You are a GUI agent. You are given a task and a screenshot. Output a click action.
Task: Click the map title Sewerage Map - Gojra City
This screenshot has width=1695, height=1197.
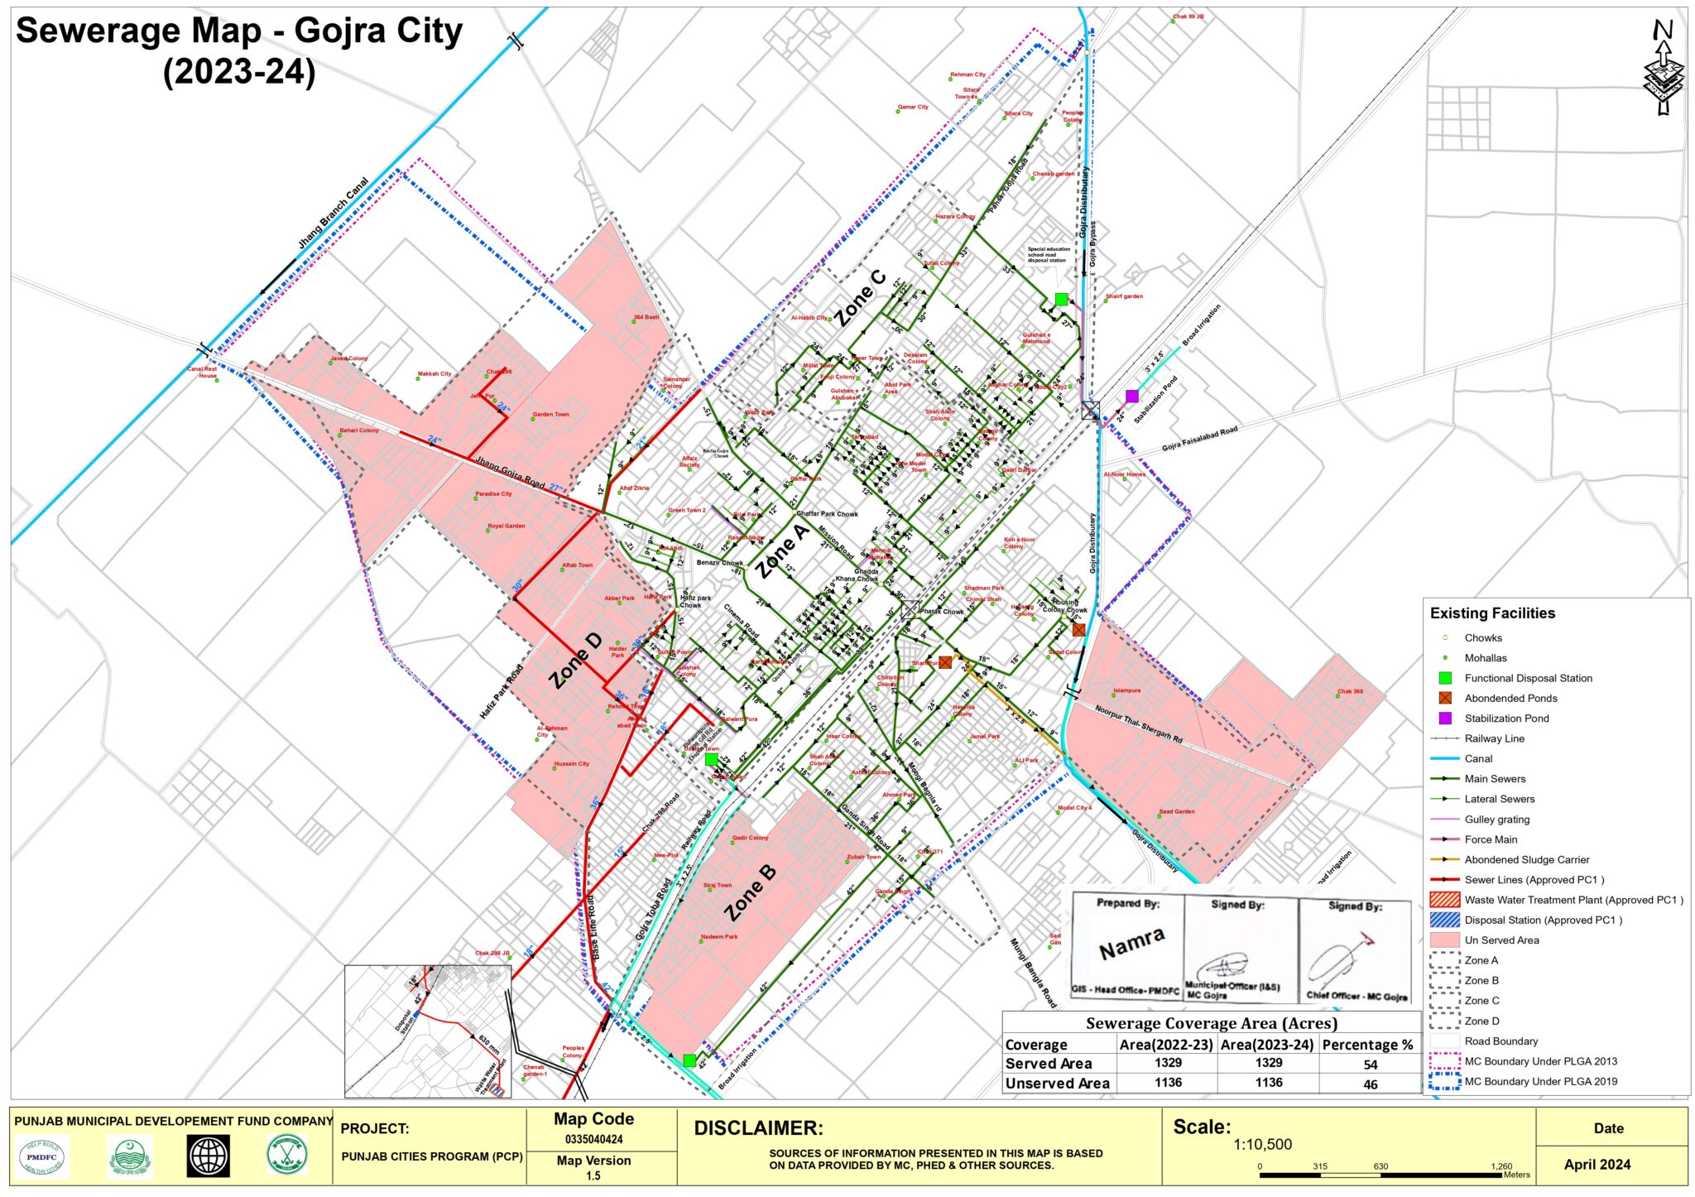239,31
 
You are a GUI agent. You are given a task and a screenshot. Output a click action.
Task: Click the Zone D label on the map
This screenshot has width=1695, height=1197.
577,660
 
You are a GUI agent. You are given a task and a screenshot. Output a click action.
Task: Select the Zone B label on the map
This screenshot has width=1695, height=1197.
751,892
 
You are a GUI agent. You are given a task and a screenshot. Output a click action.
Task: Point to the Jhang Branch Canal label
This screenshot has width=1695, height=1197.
333,213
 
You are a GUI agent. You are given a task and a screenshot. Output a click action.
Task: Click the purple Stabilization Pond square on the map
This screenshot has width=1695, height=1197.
1131,397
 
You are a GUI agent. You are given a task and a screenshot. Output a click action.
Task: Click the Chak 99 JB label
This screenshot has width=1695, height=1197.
1188,17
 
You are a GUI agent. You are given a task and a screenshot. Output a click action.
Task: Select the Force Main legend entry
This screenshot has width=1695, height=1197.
1491,839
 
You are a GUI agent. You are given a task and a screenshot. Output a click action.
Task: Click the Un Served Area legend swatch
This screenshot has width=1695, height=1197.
1444,940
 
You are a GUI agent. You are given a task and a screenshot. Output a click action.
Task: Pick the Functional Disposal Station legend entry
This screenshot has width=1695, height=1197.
1528,678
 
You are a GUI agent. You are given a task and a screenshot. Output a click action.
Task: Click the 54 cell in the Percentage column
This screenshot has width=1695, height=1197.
1370,1065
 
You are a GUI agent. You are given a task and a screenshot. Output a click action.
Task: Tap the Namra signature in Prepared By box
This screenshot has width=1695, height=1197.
1131,943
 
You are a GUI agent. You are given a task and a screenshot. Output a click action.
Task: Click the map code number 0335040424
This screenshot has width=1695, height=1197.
593,1139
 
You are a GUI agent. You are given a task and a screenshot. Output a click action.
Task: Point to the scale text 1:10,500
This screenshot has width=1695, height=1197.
1262,1145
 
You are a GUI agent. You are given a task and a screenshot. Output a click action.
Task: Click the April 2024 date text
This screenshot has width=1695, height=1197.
1597,1164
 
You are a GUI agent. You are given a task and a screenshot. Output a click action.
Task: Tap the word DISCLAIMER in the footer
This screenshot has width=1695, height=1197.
758,1128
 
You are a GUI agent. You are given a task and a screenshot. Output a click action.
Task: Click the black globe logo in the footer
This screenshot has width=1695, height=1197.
209,1156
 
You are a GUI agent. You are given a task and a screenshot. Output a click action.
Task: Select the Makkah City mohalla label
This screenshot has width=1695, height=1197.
435,374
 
